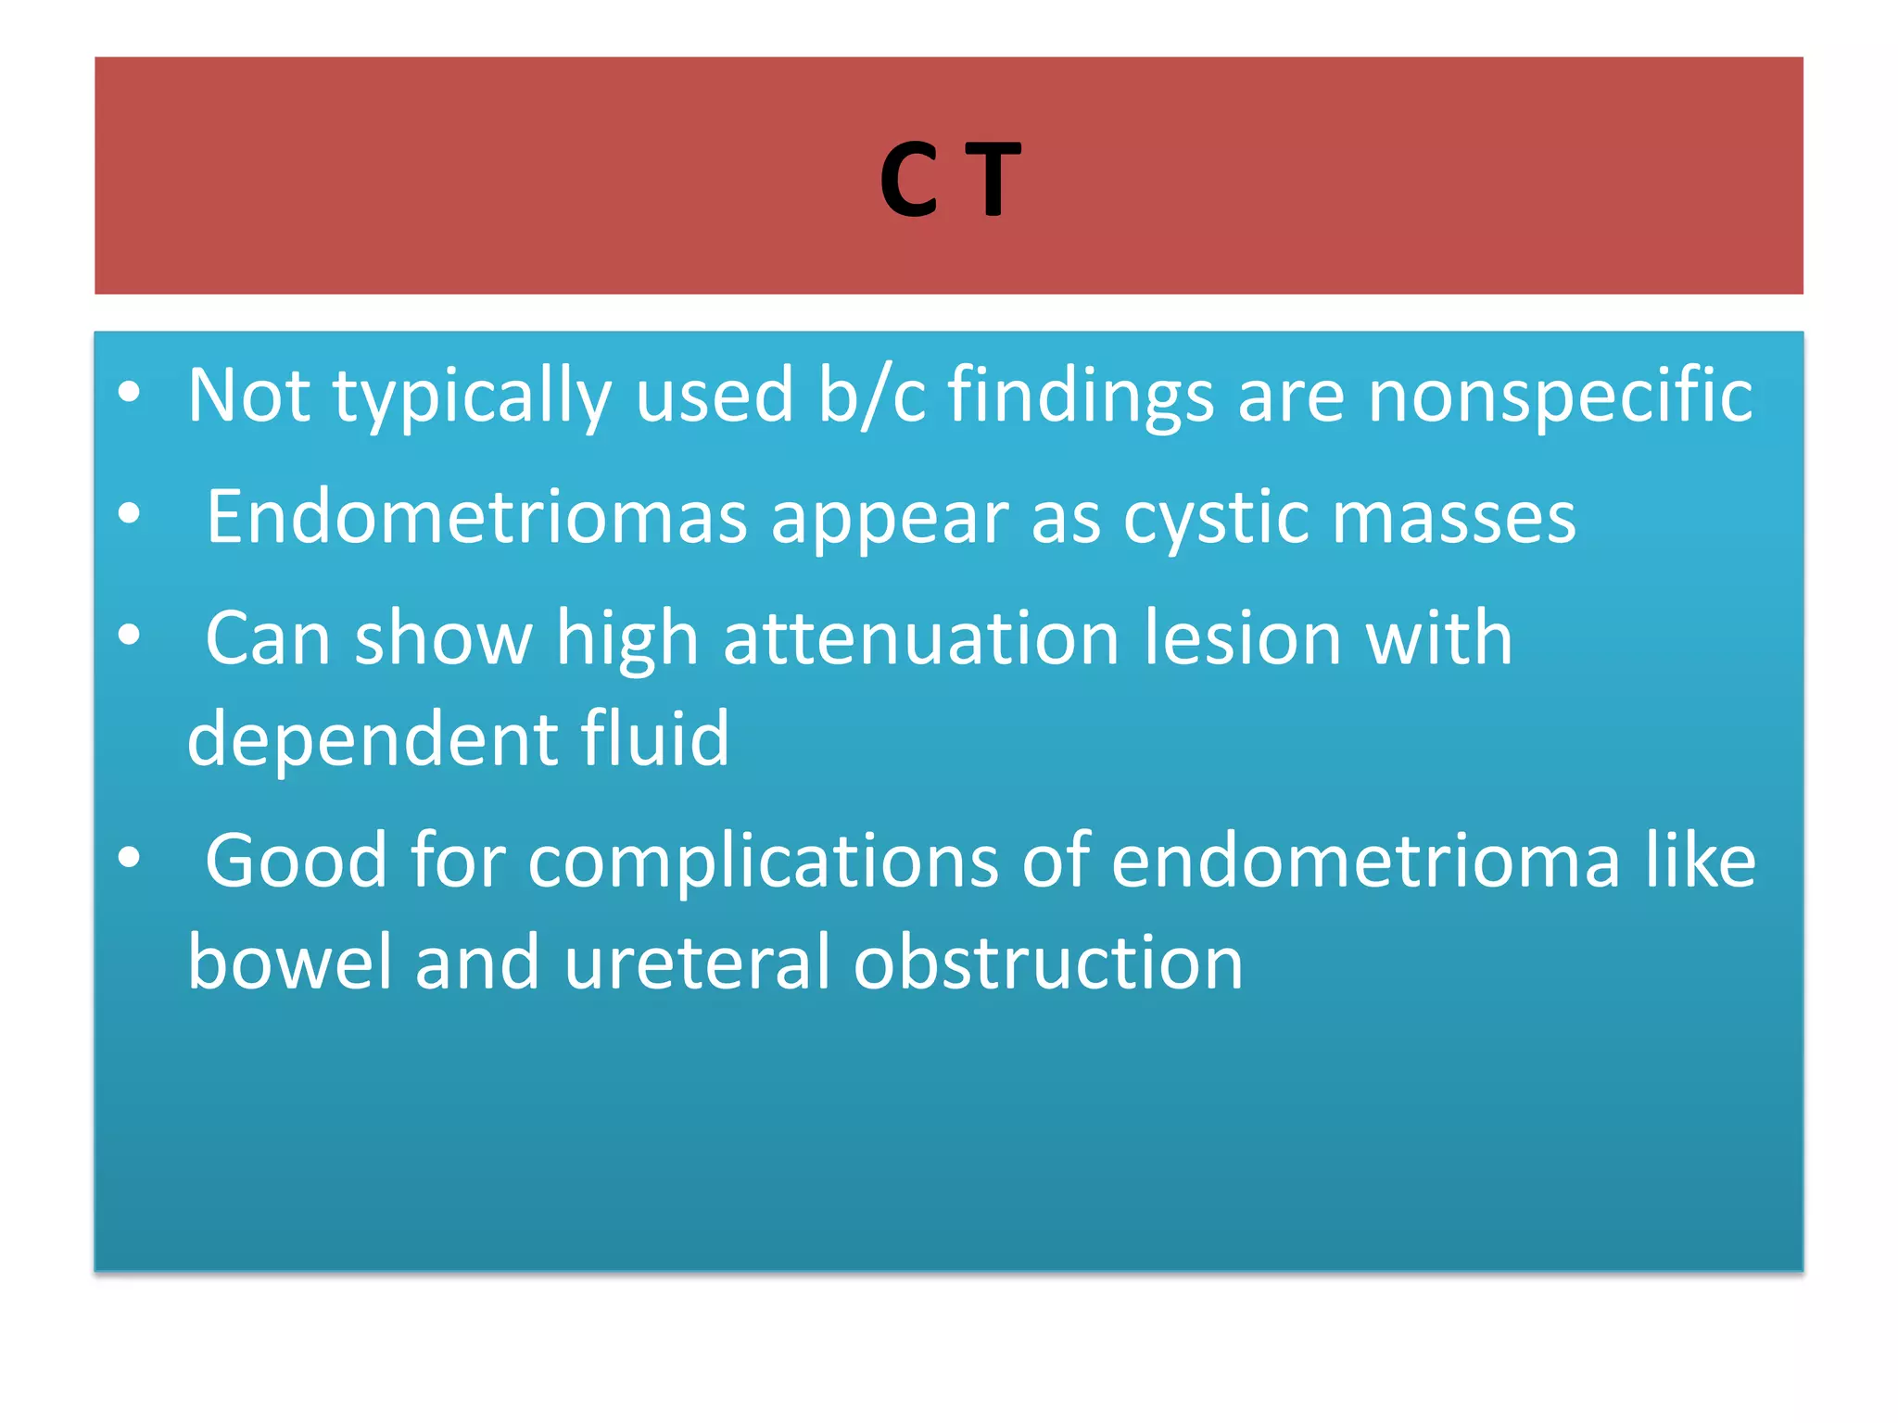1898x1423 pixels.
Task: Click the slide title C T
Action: [949, 180]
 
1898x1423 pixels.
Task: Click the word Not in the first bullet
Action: [248, 396]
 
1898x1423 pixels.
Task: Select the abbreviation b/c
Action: [871, 396]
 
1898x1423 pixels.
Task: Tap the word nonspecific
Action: [1561, 396]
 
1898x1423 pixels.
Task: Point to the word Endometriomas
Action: [476, 517]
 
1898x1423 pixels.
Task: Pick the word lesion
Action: [1242, 638]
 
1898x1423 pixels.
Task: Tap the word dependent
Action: [373, 739]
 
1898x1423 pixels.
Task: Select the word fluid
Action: [655, 739]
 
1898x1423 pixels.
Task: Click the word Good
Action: [296, 861]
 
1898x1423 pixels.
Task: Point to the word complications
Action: [764, 863]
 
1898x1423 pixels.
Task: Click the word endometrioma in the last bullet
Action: [1366, 861]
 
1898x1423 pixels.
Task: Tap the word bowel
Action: [290, 963]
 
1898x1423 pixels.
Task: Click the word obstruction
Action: [1047, 963]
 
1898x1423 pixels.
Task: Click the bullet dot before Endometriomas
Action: [130, 514]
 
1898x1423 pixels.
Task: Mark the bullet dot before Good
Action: [130, 859]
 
